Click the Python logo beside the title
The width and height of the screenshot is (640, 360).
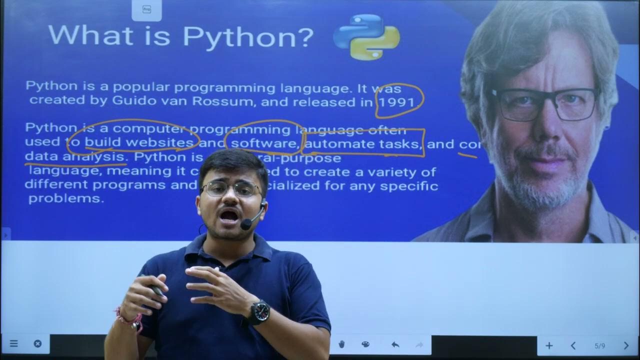click(366, 36)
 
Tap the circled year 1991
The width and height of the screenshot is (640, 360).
click(396, 103)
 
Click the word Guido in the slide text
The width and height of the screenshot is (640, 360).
click(131, 100)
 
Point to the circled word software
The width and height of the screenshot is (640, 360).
click(263, 144)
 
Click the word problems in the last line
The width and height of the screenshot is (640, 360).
click(65, 198)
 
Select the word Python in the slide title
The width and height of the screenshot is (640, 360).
click(248, 36)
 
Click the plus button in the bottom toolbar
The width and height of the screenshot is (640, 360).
click(549, 345)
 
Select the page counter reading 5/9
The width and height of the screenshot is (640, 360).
click(599, 345)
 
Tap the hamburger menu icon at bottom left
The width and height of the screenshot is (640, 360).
click(14, 343)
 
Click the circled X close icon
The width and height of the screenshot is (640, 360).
click(37, 343)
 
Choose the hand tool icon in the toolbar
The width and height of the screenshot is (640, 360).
click(342, 344)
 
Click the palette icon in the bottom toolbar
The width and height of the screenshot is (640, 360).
click(365, 344)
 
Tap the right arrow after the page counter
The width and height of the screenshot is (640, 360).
click(626, 345)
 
